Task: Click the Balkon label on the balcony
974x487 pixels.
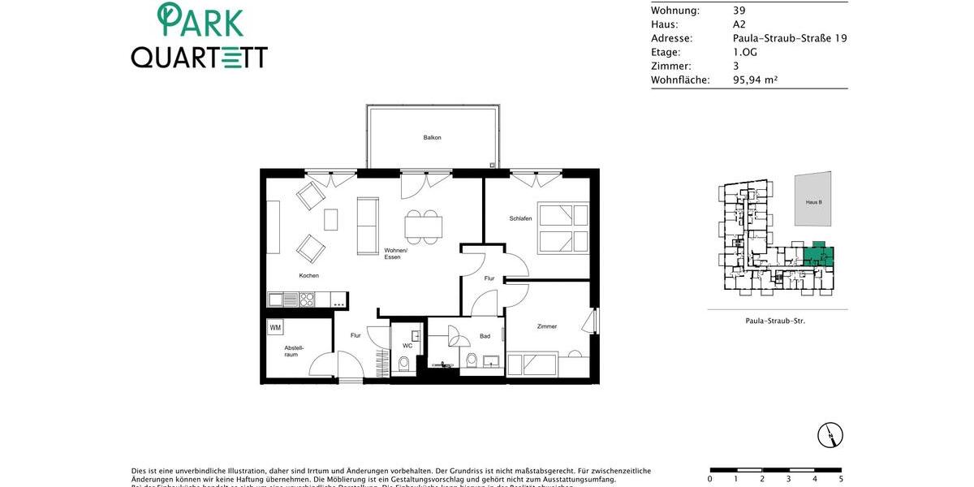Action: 432,137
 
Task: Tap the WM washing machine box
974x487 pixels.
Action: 275,328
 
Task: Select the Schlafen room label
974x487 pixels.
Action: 520,218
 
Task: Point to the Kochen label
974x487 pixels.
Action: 308,275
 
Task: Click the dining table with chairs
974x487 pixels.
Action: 423,226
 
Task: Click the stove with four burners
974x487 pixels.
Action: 307,300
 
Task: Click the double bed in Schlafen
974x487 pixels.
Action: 562,228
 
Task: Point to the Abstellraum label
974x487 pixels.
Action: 293,351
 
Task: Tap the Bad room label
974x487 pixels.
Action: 485,336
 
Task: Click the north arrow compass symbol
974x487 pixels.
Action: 830,435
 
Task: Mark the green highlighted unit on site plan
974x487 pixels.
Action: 818,256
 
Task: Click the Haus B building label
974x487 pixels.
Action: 813,201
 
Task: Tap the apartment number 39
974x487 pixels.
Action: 739,11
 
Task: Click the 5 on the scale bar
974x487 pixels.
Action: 841,479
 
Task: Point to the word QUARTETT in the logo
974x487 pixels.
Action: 200,57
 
